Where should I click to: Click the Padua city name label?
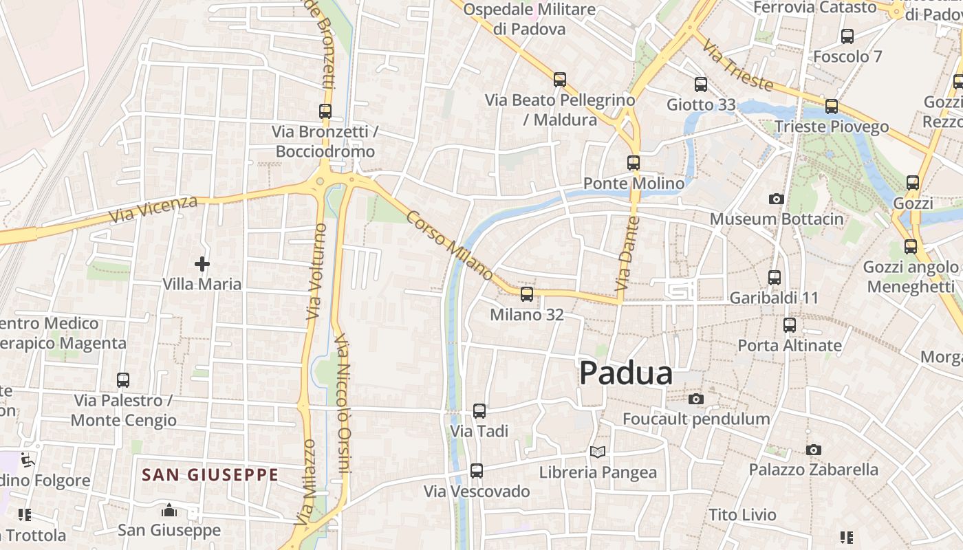click(x=625, y=373)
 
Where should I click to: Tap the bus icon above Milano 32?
click(x=527, y=294)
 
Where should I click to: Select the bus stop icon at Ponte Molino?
click(x=634, y=163)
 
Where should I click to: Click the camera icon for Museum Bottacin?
click(x=776, y=199)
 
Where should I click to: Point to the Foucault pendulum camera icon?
click(x=696, y=399)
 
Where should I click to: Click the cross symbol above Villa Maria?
click(x=202, y=263)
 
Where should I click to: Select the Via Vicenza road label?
click(x=153, y=209)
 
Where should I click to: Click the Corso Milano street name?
click(x=449, y=245)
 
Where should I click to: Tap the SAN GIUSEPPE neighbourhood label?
click(x=210, y=474)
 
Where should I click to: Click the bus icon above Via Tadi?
click(x=479, y=411)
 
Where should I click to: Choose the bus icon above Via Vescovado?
click(x=476, y=471)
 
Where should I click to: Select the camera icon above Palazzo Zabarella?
click(x=813, y=450)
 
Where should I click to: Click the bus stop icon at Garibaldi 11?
click(x=775, y=278)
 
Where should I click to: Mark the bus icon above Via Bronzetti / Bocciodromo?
click(x=325, y=111)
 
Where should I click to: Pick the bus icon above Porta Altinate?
click(x=790, y=325)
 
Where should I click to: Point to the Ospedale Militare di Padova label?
click(x=529, y=19)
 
